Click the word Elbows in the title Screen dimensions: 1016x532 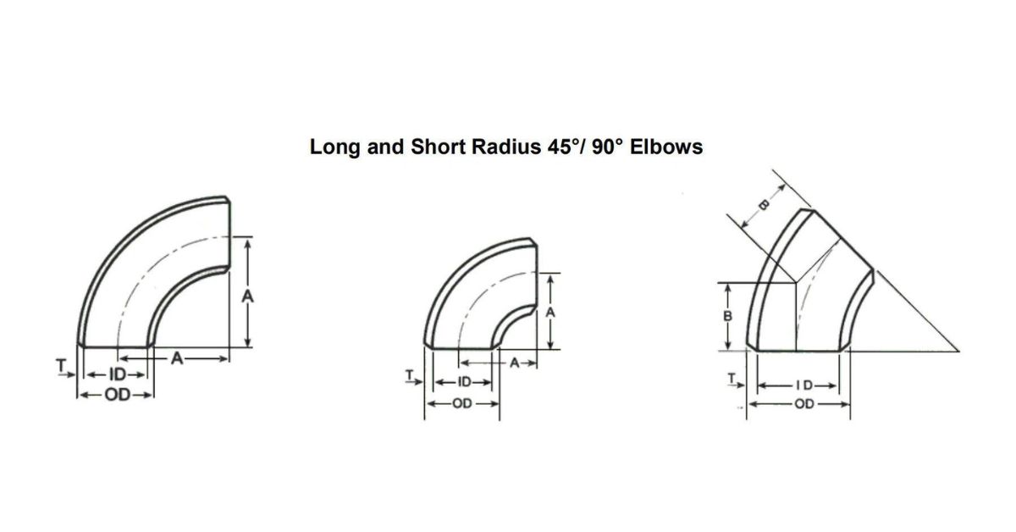666,147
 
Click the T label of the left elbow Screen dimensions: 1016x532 61,364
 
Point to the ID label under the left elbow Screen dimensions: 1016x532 118,374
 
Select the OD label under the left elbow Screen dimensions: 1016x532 118,395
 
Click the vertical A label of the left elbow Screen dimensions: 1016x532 247,296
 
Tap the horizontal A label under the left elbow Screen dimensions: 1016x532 177,359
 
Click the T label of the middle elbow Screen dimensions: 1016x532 410,375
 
